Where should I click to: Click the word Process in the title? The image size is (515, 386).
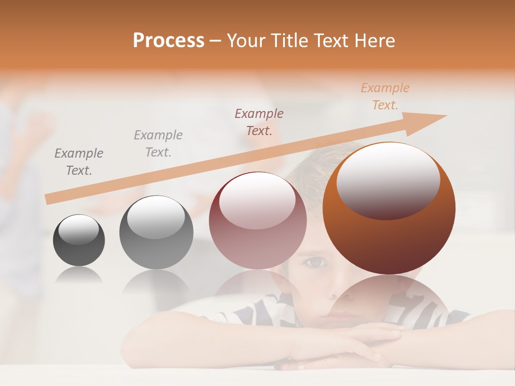[x=168, y=41]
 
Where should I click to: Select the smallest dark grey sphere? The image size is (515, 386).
[x=79, y=240]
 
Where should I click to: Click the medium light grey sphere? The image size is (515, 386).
[x=156, y=232]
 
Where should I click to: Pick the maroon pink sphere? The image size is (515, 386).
[x=257, y=220]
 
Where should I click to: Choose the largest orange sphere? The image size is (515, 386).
[x=389, y=209]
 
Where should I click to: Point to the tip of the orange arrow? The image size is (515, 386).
[x=445, y=116]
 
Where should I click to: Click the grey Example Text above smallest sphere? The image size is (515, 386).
[x=79, y=162]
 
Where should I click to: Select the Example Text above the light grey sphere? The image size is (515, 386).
[x=158, y=144]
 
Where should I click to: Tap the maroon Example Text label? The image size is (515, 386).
[x=259, y=122]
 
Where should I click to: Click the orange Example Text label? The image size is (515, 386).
[x=385, y=96]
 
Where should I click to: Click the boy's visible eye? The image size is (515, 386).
[x=317, y=262]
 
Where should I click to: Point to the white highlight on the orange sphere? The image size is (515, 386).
[x=388, y=180]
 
